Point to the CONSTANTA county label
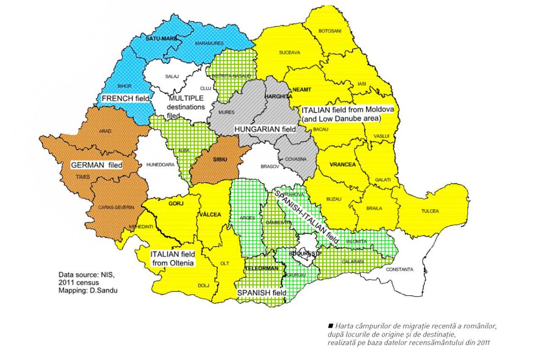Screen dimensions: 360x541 point(400,270)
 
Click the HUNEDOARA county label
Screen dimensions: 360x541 point(160,165)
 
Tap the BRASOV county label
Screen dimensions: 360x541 point(270,166)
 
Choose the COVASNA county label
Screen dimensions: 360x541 point(295,159)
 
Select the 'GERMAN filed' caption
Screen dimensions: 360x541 point(97,165)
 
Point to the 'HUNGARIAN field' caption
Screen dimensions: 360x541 point(265,129)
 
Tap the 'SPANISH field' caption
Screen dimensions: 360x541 point(262,292)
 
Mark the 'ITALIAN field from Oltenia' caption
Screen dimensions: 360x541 point(173,258)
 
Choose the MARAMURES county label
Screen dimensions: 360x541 point(209,43)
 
